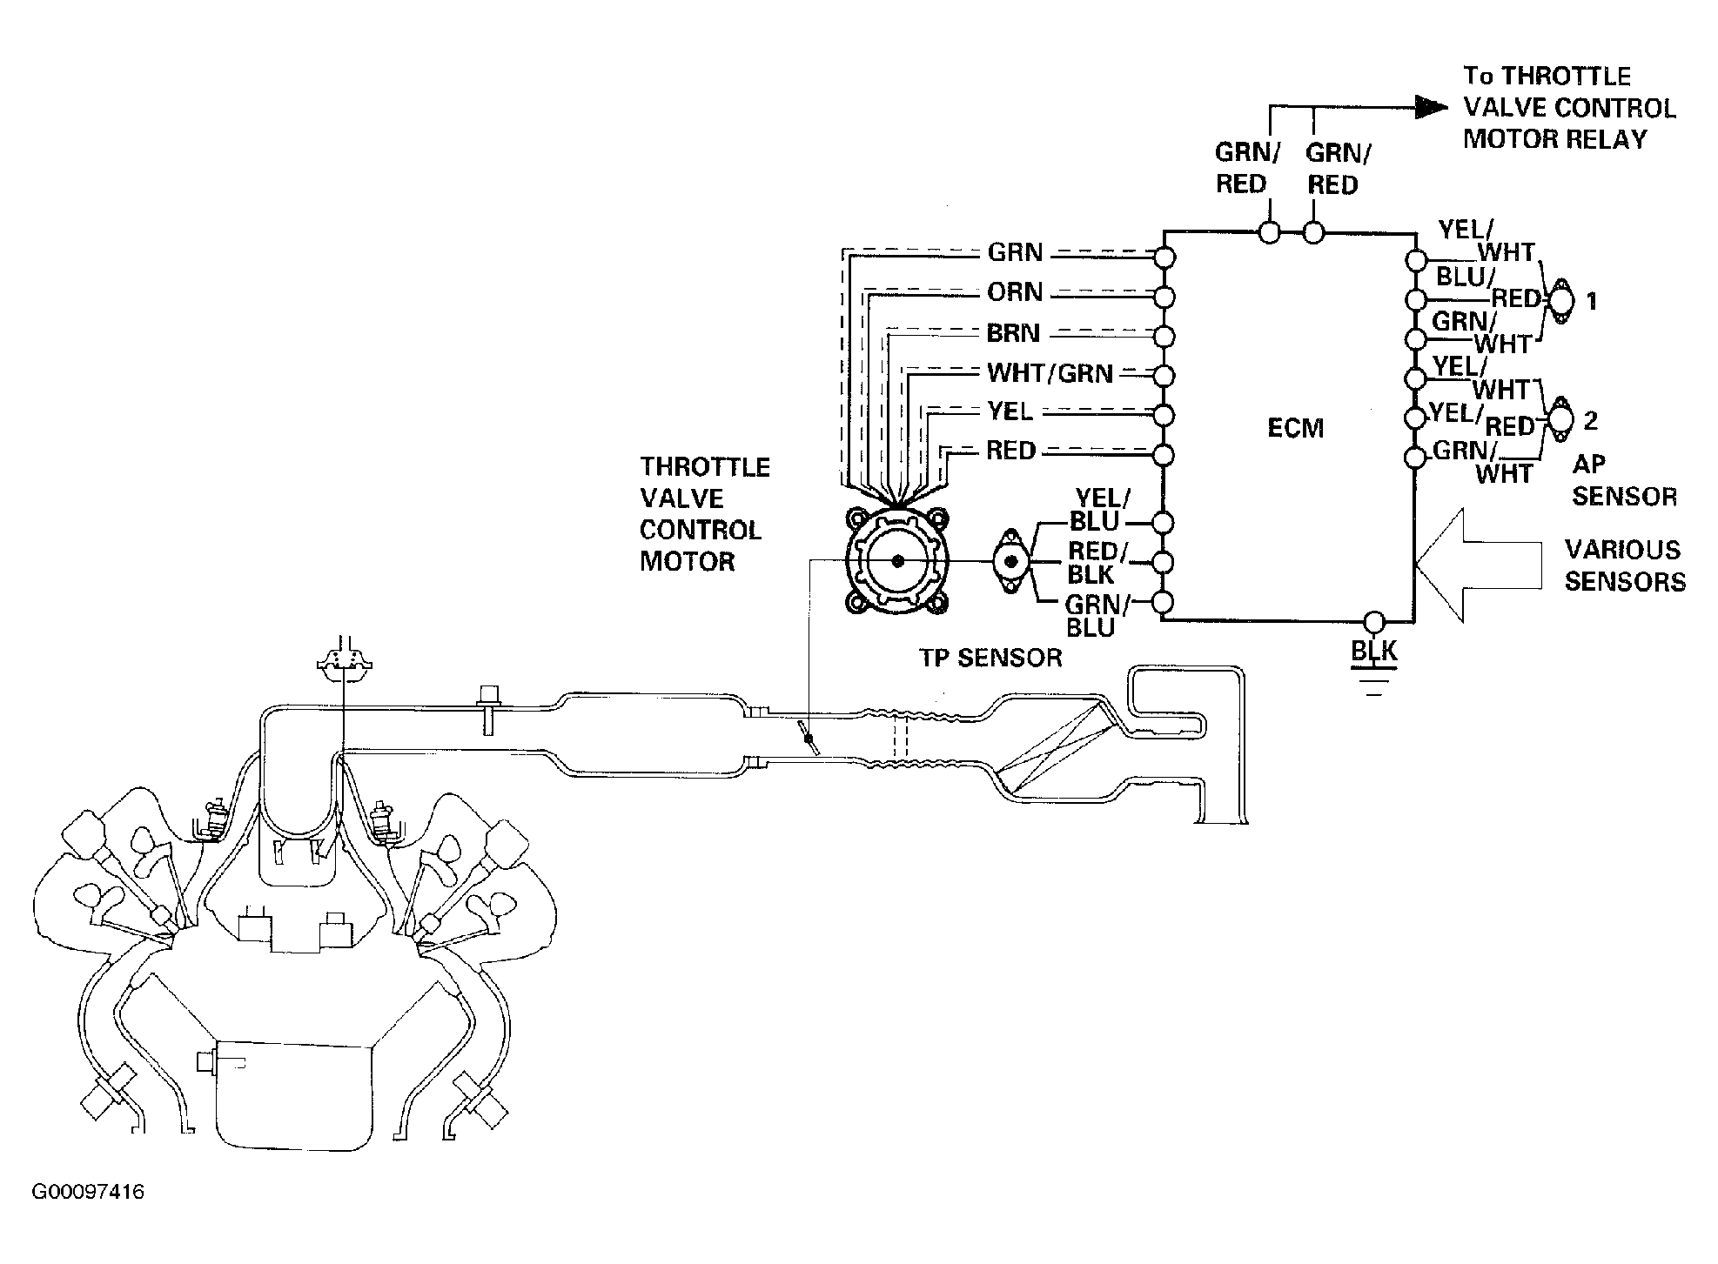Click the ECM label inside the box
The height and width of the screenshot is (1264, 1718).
[x=1296, y=428]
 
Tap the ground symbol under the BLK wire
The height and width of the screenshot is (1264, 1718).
[x=1373, y=683]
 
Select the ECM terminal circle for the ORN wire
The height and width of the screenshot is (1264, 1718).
[x=1164, y=298]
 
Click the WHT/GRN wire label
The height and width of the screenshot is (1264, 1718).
[x=1050, y=374]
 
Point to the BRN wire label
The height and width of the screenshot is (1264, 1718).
[x=1014, y=333]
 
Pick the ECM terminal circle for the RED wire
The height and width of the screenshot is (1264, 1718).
[x=1164, y=455]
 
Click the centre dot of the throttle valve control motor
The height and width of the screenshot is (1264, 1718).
[x=897, y=561]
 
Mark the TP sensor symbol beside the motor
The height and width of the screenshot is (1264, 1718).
[x=1011, y=561]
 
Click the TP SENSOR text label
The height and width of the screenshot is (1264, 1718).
[x=991, y=658]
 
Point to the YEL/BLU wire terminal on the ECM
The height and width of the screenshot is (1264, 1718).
[x=1164, y=522]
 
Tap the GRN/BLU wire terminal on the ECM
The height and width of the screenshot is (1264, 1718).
[x=1164, y=602]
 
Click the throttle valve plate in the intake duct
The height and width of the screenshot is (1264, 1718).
[x=809, y=739]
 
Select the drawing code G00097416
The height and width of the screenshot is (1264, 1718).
[x=89, y=1192]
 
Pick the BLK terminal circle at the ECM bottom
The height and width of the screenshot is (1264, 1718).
[x=1373, y=621]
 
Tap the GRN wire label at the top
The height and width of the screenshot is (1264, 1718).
[x=1015, y=253]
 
